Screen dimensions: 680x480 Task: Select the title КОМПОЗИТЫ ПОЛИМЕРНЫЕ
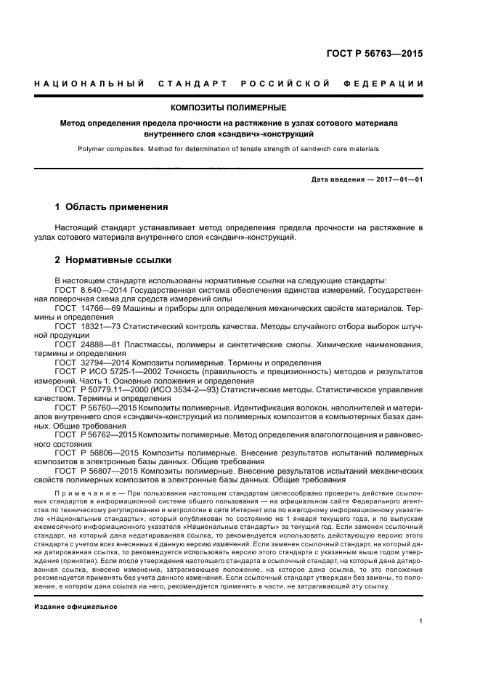(x=240, y=108)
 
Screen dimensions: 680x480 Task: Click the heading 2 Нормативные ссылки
(x=114, y=259)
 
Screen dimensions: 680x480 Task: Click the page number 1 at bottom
(x=421, y=620)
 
